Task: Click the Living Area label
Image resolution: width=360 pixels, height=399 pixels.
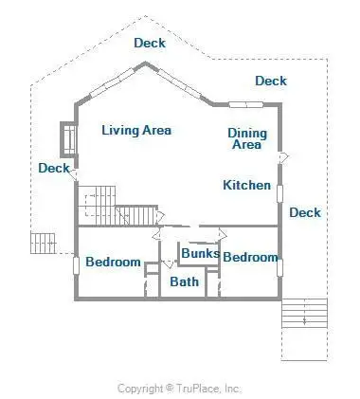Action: (136, 130)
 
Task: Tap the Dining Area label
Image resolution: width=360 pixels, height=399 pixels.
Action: (247, 138)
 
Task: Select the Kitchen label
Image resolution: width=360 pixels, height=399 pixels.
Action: (246, 185)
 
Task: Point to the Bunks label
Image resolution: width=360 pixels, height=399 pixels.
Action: (201, 253)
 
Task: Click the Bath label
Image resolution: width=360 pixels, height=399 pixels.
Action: (185, 281)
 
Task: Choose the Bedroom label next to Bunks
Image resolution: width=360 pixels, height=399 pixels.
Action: (250, 257)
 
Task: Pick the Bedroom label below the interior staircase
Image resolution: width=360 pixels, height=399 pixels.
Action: (113, 262)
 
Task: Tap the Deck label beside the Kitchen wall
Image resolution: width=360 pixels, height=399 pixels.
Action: (305, 212)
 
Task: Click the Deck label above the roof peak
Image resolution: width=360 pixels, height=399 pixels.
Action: (150, 43)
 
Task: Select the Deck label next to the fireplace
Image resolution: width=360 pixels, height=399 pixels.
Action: (54, 168)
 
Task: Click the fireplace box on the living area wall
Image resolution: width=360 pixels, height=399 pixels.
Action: (68, 138)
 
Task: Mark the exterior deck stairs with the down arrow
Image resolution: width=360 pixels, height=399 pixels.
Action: (304, 313)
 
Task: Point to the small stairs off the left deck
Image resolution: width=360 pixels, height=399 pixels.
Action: (44, 244)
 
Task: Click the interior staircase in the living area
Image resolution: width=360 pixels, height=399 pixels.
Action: (117, 206)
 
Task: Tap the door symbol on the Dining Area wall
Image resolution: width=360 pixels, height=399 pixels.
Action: (283, 157)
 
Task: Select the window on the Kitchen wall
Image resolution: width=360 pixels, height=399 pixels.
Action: (279, 193)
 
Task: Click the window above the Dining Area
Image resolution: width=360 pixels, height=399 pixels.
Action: (246, 104)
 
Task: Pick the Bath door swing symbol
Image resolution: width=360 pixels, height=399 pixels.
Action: (169, 263)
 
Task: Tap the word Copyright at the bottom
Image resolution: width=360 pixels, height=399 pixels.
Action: (140, 389)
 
